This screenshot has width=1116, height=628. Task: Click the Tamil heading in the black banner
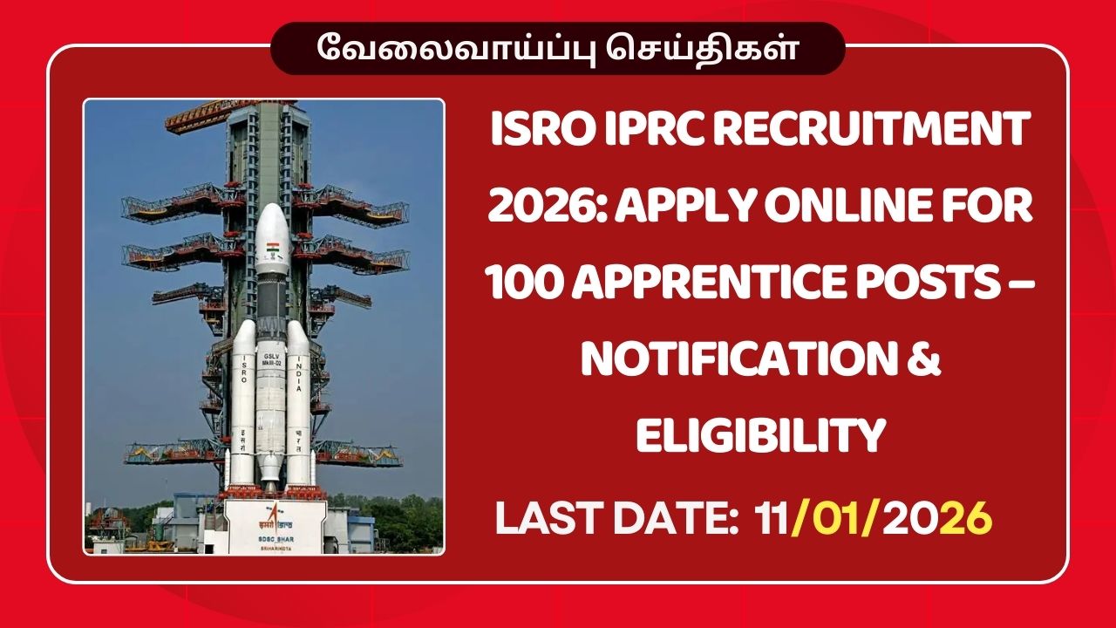(557, 48)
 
